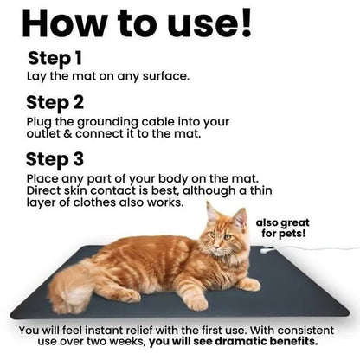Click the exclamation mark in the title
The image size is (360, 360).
pos(246,22)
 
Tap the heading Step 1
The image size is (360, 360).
pos(55,59)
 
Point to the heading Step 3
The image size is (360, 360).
pos(55,160)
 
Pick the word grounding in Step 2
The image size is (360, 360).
pos(107,123)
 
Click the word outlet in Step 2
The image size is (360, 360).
pos(43,133)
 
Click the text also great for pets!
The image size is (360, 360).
pos(283,228)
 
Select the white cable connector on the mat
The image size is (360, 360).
pos(267,250)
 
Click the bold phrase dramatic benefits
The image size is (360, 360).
pos(267,341)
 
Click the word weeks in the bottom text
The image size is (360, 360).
pos(130,342)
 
